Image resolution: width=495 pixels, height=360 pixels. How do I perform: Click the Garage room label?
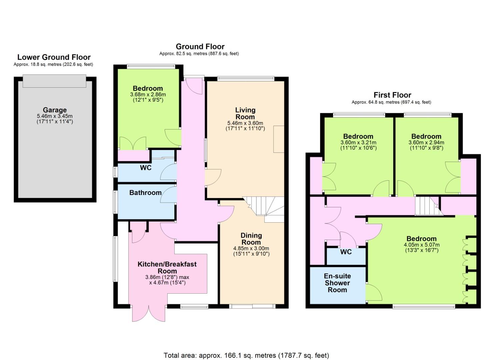pyautogui.click(x=55, y=110)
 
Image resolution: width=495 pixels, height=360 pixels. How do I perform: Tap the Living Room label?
pyautogui.click(x=245, y=113)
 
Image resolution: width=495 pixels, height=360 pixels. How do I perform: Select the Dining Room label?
pyautogui.click(x=251, y=239)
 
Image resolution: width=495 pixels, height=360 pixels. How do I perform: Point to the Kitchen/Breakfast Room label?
pyautogui.click(x=167, y=267)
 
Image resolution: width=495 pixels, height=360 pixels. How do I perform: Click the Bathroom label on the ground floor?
pyautogui.click(x=145, y=193)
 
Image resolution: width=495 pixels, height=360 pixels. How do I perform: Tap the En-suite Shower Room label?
pyautogui.click(x=337, y=283)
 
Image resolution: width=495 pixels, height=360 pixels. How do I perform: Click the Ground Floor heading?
pyautogui.click(x=200, y=46)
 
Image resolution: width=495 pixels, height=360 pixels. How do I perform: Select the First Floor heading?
pyautogui.click(x=392, y=95)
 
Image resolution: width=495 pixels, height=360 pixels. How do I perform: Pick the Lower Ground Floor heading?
pyautogui.click(x=54, y=57)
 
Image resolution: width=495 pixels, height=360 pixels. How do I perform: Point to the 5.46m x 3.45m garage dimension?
pyautogui.click(x=55, y=116)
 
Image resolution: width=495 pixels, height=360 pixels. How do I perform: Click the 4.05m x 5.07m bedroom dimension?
pyautogui.click(x=422, y=245)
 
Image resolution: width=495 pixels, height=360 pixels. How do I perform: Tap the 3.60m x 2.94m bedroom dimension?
pyautogui.click(x=426, y=143)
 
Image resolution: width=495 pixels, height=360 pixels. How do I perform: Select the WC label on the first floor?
pyautogui.click(x=346, y=252)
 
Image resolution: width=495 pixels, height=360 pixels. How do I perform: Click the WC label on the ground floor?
pyautogui.click(x=146, y=168)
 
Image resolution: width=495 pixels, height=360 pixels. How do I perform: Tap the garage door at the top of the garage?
pyautogui.click(x=54, y=81)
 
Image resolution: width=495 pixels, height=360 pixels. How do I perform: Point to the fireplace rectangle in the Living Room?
pyautogui.click(x=279, y=139)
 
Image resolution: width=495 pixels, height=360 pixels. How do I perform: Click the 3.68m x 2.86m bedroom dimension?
pyautogui.click(x=148, y=95)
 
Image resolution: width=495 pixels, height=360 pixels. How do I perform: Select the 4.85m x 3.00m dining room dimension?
pyautogui.click(x=251, y=248)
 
